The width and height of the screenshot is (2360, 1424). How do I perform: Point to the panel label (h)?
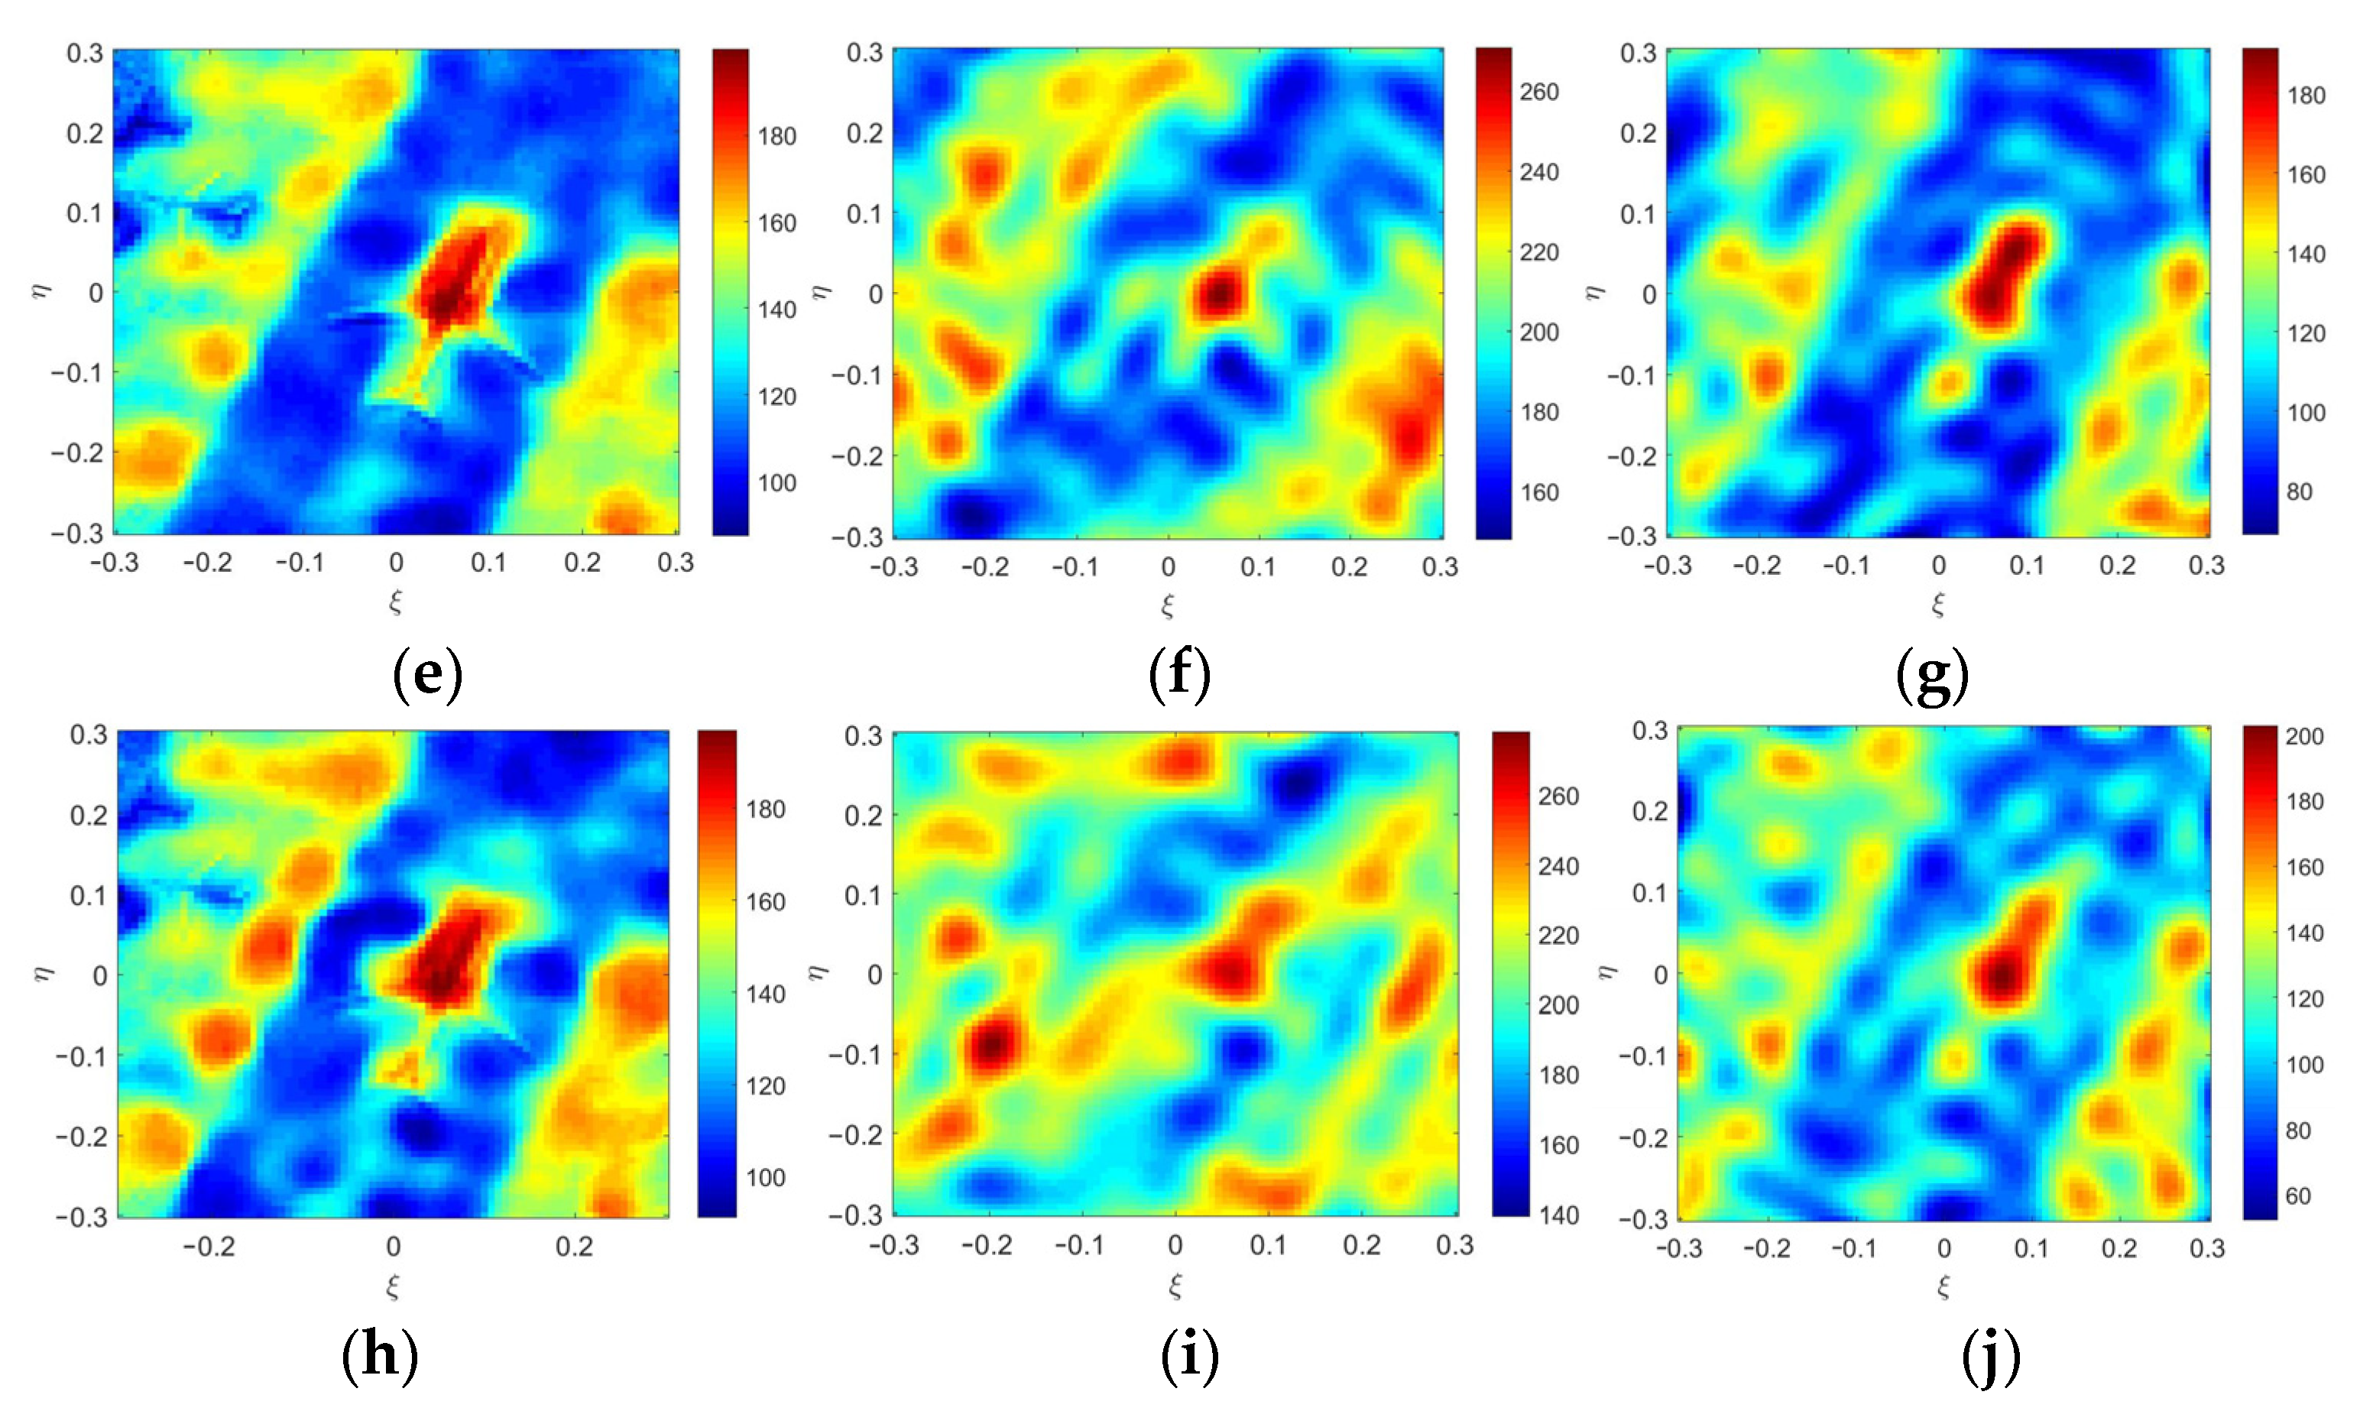pyautogui.click(x=379, y=1355)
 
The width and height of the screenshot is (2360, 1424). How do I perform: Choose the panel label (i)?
pyautogui.click(x=1190, y=1355)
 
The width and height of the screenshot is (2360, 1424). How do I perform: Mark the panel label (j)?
pyautogui.click(x=1990, y=1355)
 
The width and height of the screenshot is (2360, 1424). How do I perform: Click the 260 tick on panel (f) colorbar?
pyautogui.click(x=1538, y=92)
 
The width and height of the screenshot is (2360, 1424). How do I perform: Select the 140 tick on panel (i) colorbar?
pyautogui.click(x=1558, y=1215)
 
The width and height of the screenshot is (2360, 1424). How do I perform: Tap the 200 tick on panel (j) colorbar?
pyautogui.click(x=2303, y=735)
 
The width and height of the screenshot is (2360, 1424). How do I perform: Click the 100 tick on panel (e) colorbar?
pyautogui.click(x=776, y=482)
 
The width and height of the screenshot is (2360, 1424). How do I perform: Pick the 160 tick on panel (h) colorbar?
pyautogui.click(x=765, y=901)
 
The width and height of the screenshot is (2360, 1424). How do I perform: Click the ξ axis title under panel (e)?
pyautogui.click(x=394, y=602)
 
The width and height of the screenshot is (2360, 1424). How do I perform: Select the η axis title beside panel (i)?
pyautogui.click(x=816, y=972)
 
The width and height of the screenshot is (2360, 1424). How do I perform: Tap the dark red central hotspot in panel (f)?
pyautogui.click(x=1217, y=294)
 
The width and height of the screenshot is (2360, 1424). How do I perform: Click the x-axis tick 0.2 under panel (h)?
pyautogui.click(x=574, y=1246)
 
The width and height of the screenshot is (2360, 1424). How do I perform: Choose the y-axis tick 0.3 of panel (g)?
pyautogui.click(x=1637, y=53)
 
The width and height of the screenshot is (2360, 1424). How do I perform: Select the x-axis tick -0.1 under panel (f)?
pyautogui.click(x=1075, y=567)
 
